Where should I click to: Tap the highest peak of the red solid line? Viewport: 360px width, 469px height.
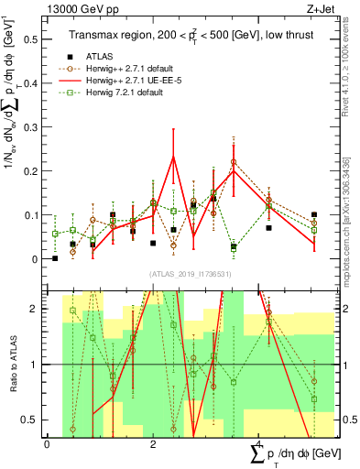point(173,157)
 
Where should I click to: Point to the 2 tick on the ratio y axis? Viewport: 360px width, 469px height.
point(38,309)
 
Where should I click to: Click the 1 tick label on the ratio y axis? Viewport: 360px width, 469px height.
point(38,365)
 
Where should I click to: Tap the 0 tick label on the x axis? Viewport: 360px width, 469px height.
point(48,443)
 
